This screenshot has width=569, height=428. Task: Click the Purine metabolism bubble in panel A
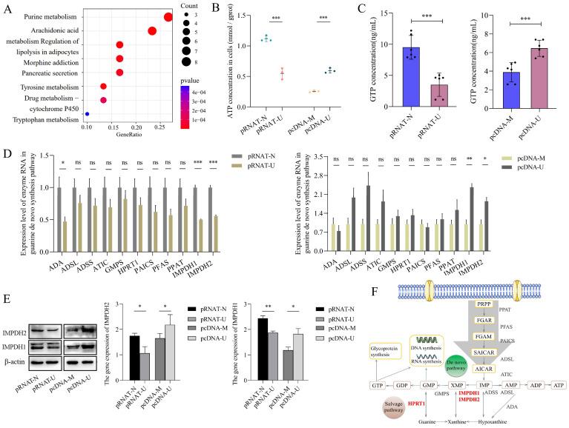(x=168, y=16)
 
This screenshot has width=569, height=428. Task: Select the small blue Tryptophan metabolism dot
(x=88, y=113)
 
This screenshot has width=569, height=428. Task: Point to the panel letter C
(x=383, y=10)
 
